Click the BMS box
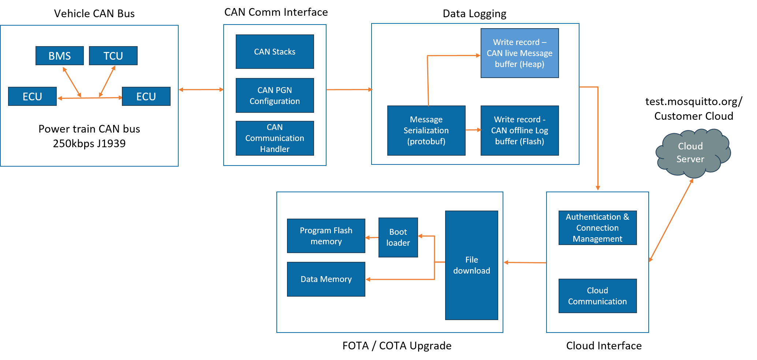click(x=60, y=56)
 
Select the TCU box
click(x=113, y=56)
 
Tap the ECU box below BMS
click(x=32, y=96)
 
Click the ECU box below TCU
click(x=146, y=96)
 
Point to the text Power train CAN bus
click(x=89, y=129)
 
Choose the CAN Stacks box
click(x=275, y=52)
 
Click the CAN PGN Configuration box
click(x=275, y=95)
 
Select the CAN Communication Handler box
click(x=275, y=138)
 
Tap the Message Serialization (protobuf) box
click(x=426, y=130)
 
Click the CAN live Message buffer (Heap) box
click(x=519, y=53)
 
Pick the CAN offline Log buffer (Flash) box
click(x=519, y=130)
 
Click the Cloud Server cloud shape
click(x=691, y=153)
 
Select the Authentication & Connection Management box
click(x=597, y=228)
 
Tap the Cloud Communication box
click(x=597, y=296)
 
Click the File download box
click(x=471, y=265)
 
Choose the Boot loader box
click(x=398, y=237)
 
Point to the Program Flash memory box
click(x=326, y=236)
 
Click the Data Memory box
click(x=326, y=279)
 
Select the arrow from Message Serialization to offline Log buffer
click(x=473, y=130)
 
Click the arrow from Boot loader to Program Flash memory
click(x=372, y=238)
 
